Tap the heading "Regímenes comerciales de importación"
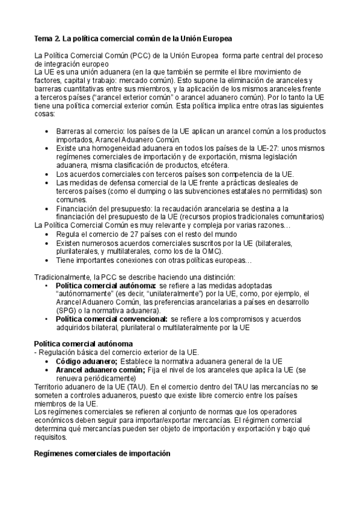(x=102, y=453)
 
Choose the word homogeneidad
(x=109, y=147)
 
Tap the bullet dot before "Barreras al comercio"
(x=49, y=131)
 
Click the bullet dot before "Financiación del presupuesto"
(x=49, y=208)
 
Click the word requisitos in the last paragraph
(x=53, y=438)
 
